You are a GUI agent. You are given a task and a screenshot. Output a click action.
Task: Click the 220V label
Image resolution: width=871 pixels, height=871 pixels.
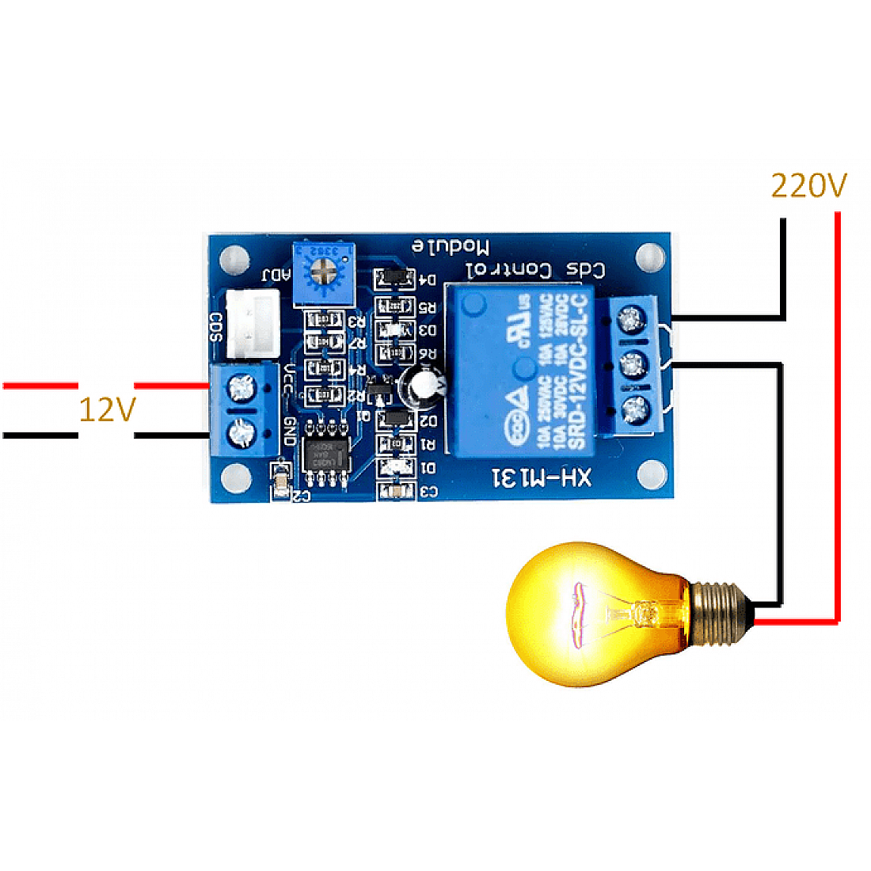click(x=808, y=185)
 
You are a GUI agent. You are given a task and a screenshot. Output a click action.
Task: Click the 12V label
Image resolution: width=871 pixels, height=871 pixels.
click(x=107, y=410)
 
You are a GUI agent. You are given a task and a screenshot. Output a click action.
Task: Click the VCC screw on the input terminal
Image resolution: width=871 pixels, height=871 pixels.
click(x=238, y=388)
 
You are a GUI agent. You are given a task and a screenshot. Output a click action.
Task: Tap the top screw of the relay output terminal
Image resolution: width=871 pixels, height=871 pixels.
click(x=631, y=320)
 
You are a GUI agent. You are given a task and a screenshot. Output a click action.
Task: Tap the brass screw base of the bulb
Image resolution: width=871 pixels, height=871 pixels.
click(x=717, y=610)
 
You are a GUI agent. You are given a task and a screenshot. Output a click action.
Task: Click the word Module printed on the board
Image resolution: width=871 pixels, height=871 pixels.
click(x=450, y=246)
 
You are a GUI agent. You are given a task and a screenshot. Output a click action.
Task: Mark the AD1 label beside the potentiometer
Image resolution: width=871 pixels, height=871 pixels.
click(x=276, y=276)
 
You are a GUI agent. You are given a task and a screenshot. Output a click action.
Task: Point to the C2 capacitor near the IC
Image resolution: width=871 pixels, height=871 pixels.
click(x=280, y=482)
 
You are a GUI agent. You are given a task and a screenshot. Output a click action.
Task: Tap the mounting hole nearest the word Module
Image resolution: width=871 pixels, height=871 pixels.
click(x=648, y=256)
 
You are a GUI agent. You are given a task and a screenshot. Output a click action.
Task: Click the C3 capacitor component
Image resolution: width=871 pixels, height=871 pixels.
click(x=395, y=492)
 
